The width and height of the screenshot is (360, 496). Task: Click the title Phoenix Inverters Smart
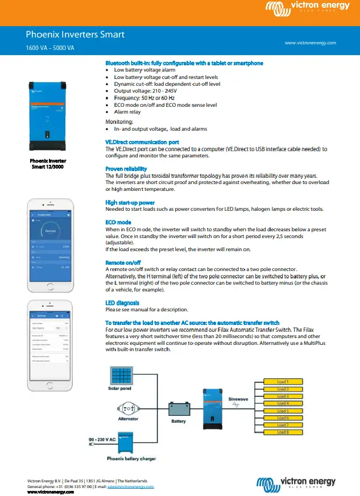(x=75, y=35)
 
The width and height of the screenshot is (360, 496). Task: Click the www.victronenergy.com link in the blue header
(x=310, y=43)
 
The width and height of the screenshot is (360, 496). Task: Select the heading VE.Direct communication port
(x=142, y=142)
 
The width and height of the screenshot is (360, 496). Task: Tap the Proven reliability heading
(x=126, y=169)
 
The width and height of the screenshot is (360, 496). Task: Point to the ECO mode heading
(x=118, y=222)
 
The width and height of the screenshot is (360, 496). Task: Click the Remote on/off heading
(x=123, y=262)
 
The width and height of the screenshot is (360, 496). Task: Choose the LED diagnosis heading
(x=122, y=303)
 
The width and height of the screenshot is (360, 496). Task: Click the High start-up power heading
(x=130, y=202)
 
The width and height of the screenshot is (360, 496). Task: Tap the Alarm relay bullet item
(x=129, y=112)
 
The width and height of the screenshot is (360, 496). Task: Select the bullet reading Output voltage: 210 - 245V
(x=145, y=91)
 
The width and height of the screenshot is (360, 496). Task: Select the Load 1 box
(x=283, y=382)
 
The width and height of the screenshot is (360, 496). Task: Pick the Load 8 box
(x=283, y=432)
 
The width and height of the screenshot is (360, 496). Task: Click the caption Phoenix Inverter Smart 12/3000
(x=48, y=164)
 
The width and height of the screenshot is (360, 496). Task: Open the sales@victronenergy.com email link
(x=130, y=487)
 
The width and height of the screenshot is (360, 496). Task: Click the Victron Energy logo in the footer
(x=296, y=484)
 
